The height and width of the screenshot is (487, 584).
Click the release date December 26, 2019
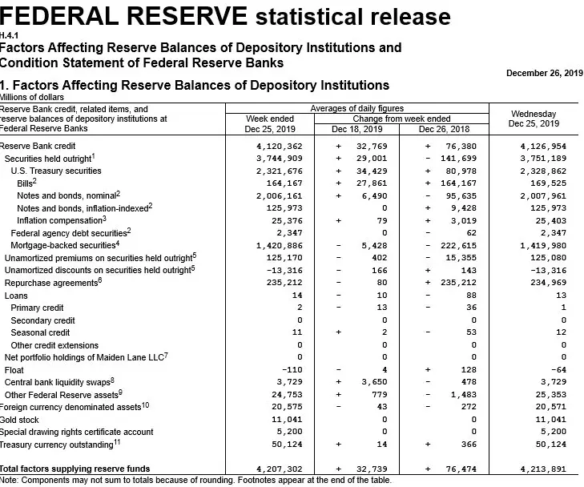tap(544, 73)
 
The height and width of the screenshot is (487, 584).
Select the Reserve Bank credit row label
tap(38, 146)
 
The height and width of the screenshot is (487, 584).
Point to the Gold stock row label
tap(20, 419)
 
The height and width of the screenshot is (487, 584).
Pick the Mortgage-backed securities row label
tap(66, 244)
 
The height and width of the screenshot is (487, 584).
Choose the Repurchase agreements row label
tap(52, 283)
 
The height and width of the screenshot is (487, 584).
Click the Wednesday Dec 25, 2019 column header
tap(533, 119)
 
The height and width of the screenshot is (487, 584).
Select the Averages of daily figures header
tap(356, 108)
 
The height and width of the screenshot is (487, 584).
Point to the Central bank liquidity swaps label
tap(58, 382)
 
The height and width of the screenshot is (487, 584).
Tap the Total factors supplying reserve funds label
tap(75, 469)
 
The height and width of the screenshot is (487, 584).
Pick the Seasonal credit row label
tap(40, 332)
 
